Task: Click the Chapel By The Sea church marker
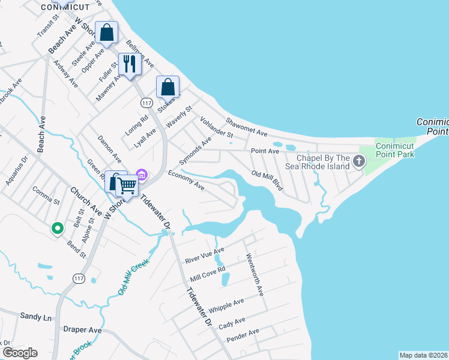tap(359, 161)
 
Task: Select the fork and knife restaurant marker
tap(130, 64)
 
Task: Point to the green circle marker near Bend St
tap(57, 228)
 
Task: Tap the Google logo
tap(20, 353)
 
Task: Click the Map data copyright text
tap(424, 355)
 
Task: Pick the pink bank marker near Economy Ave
tap(142, 175)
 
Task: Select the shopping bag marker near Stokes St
tap(167, 86)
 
